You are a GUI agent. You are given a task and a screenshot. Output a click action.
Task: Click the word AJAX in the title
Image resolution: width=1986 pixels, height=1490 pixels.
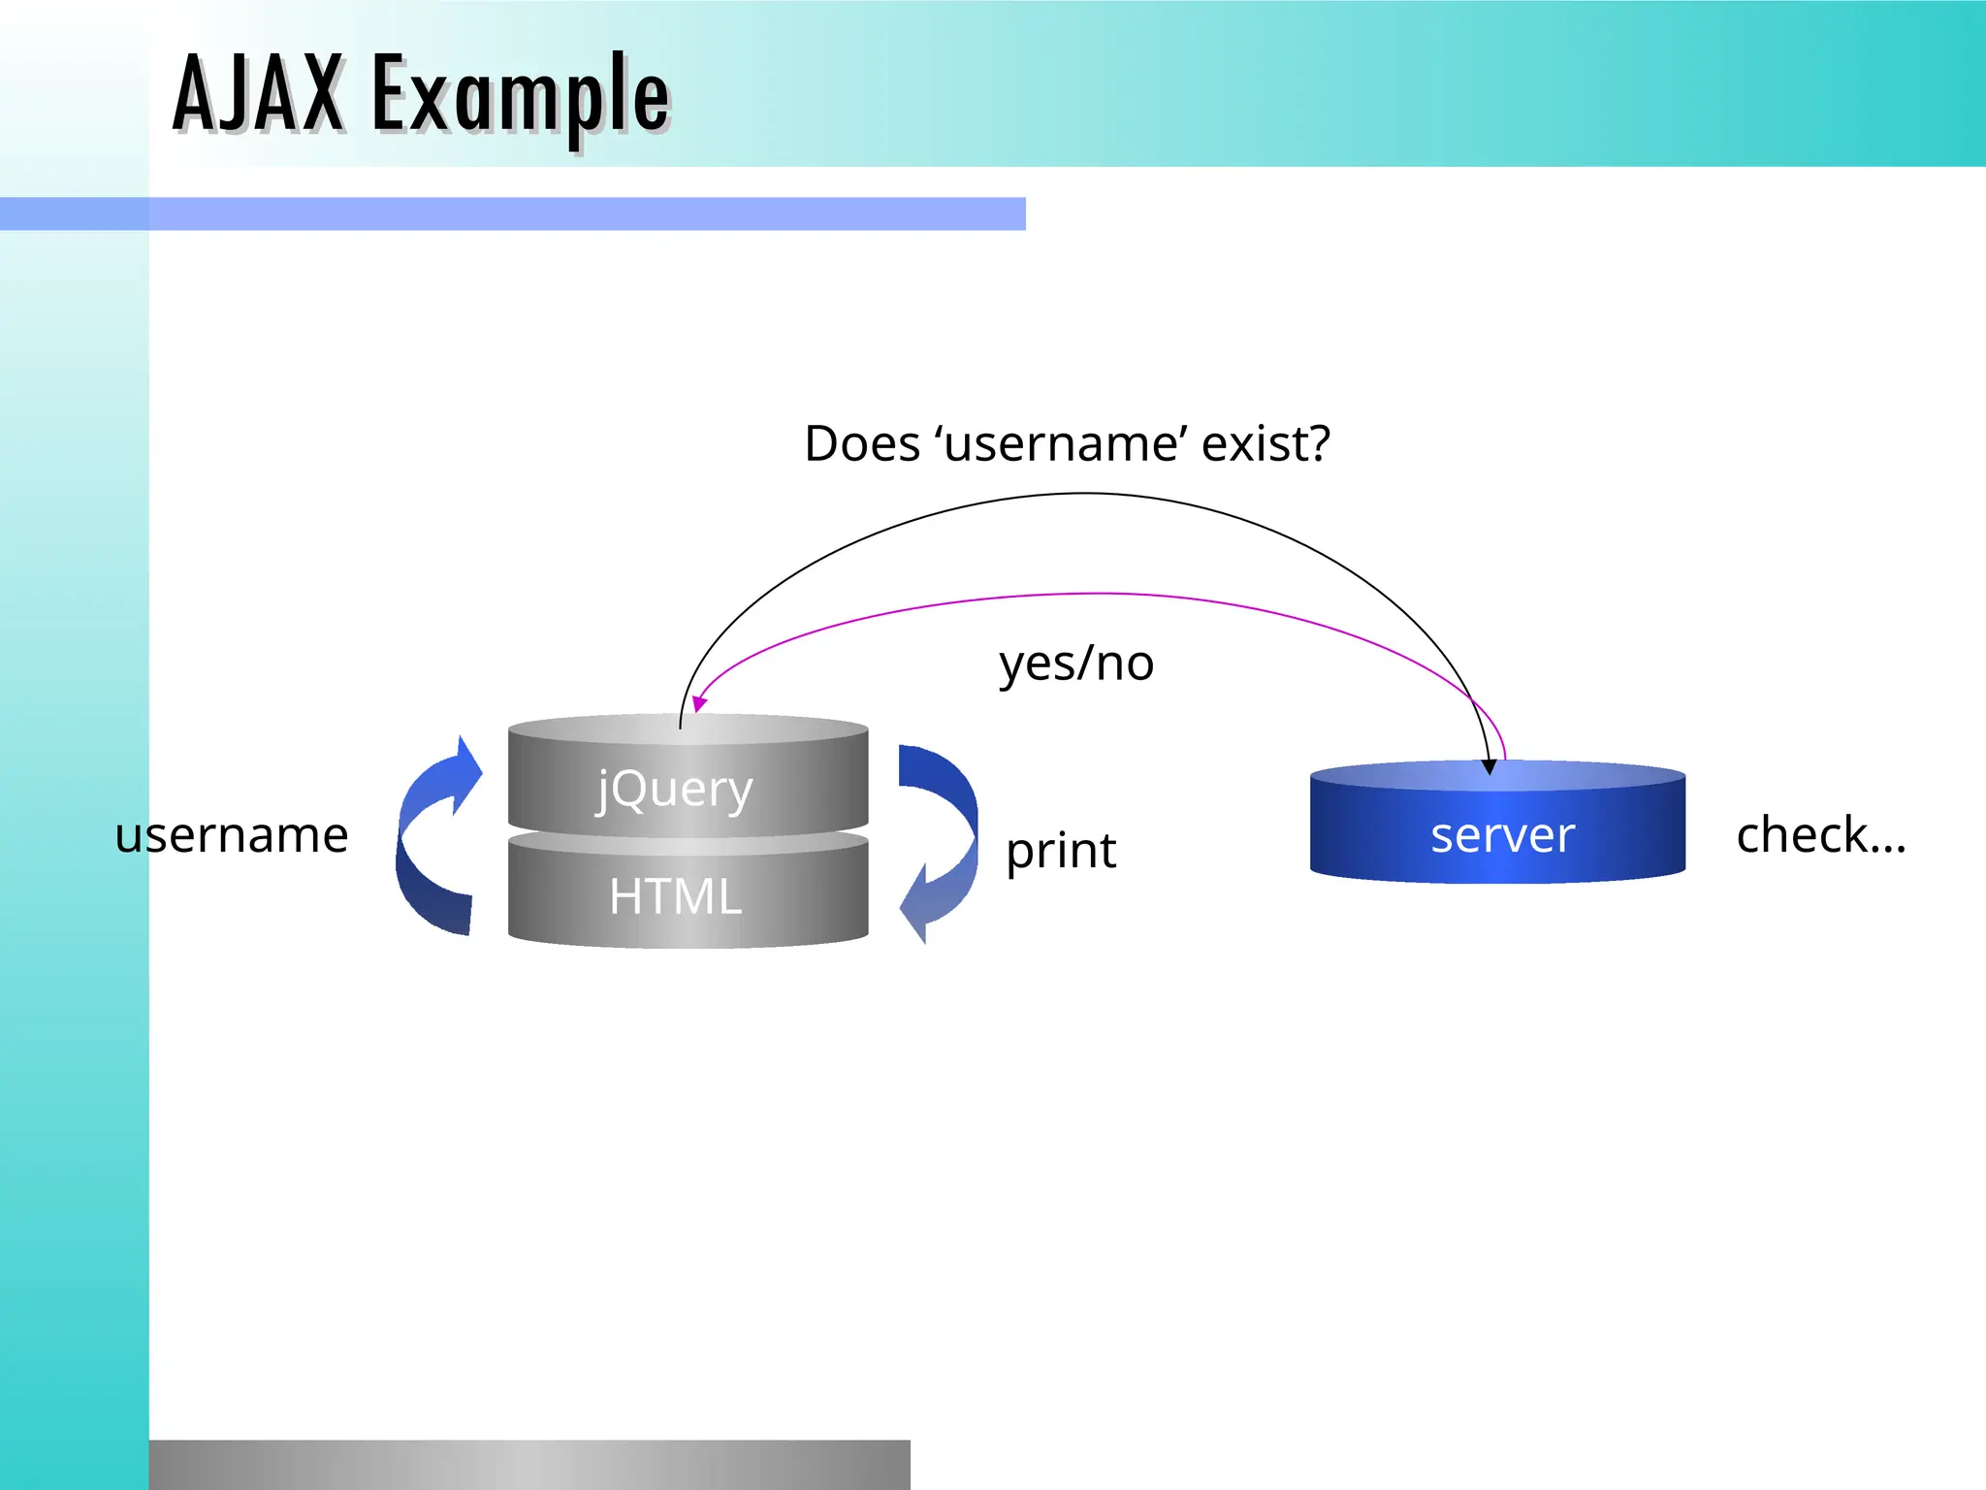pyautogui.click(x=258, y=94)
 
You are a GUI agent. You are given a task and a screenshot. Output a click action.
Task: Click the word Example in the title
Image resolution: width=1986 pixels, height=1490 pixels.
pyautogui.click(x=521, y=97)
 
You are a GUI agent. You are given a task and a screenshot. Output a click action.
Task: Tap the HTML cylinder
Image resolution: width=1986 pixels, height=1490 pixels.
pyautogui.click(x=688, y=897)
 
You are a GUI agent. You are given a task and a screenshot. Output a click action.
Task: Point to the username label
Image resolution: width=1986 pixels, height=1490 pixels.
pyautogui.click(x=231, y=835)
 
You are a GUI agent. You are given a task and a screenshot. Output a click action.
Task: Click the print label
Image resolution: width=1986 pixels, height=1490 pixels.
pyautogui.click(x=1060, y=851)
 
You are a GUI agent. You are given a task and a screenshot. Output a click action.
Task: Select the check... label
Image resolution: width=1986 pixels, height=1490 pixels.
pyautogui.click(x=1820, y=835)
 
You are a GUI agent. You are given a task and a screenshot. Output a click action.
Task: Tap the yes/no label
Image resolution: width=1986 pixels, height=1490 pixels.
pyautogui.click(x=1075, y=664)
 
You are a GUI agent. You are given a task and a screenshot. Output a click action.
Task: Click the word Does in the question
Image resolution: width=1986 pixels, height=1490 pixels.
pyautogui.click(x=861, y=444)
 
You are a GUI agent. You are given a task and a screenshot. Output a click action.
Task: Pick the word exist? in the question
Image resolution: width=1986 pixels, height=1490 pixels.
pyautogui.click(x=1265, y=444)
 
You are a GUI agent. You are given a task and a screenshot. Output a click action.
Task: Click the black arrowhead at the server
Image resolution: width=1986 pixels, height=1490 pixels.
pyautogui.click(x=1489, y=767)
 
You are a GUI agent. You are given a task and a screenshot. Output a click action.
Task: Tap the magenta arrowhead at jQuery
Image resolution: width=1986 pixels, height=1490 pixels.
pyautogui.click(x=698, y=704)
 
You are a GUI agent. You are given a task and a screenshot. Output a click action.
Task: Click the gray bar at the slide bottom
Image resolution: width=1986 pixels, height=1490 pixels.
pyautogui.click(x=529, y=1465)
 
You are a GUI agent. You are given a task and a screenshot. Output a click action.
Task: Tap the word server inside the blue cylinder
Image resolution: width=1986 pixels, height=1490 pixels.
pyautogui.click(x=1502, y=835)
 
